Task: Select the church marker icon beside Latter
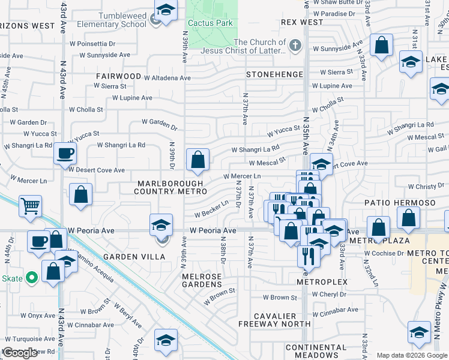295,46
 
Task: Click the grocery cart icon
30,206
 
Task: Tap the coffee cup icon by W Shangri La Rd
65,152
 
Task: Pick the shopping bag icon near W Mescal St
197,160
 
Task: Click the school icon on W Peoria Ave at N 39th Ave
161,224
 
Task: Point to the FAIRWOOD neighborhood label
117,77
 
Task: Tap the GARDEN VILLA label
126,257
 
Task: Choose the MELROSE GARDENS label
206,280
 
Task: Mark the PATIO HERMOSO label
400,203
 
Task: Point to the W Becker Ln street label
211,209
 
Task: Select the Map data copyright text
412,355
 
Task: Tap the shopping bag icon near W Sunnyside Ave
381,45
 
